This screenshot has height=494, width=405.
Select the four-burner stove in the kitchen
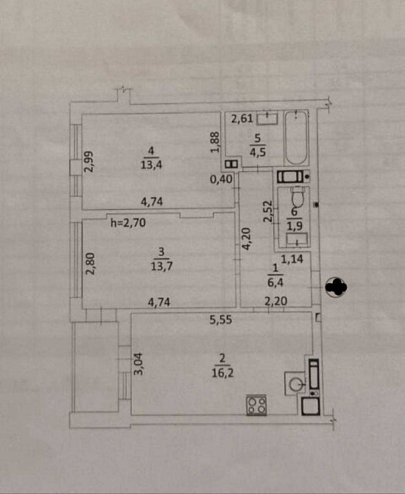[x=256, y=406]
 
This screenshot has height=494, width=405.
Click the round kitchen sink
[x=296, y=383]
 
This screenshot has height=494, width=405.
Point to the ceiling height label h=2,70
[x=128, y=223]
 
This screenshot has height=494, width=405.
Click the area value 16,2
[x=222, y=373]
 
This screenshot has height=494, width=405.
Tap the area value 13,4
[x=151, y=164]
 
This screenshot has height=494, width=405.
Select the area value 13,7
[x=161, y=266]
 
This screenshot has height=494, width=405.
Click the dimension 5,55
[x=221, y=320]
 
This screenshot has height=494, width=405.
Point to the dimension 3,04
[x=138, y=364]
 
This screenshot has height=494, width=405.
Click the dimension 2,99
[x=89, y=161]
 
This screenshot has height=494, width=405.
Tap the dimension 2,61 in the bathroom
[x=242, y=119]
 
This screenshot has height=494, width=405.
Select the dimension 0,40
[x=222, y=180]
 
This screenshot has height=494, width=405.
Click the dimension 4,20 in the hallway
[x=246, y=239]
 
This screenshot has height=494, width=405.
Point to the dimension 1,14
[x=292, y=259]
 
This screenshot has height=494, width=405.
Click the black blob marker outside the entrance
[x=336, y=287]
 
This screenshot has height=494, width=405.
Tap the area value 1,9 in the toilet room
[x=295, y=226]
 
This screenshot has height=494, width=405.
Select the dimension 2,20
[x=275, y=302]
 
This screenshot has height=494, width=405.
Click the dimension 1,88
[x=214, y=142]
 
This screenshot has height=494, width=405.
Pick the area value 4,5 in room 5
[x=258, y=152]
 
